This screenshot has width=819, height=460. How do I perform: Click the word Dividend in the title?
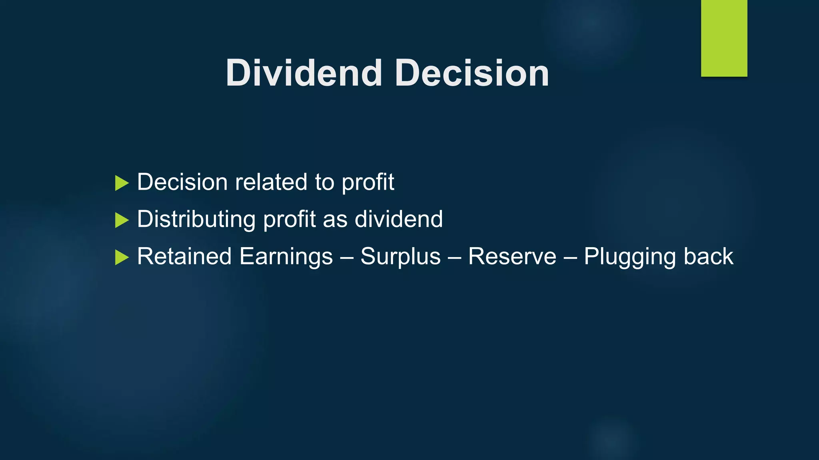tap(304, 73)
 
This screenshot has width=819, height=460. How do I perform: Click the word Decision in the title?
tap(472, 73)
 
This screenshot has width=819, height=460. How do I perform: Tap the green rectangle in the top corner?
tap(724, 38)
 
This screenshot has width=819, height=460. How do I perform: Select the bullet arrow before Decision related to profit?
tap(122, 183)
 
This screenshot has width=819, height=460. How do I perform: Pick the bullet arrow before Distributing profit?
tap(122, 220)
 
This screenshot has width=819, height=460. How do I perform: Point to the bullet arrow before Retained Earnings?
tap(122, 257)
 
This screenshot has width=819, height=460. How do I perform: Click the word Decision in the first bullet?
tap(182, 182)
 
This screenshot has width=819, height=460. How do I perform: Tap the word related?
tap(271, 182)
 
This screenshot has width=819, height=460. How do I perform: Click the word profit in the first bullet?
tap(368, 183)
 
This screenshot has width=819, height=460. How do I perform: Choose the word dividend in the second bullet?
tap(399, 219)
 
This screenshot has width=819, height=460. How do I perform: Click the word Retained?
tap(184, 256)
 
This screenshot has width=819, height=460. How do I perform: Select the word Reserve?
tap(512, 256)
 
